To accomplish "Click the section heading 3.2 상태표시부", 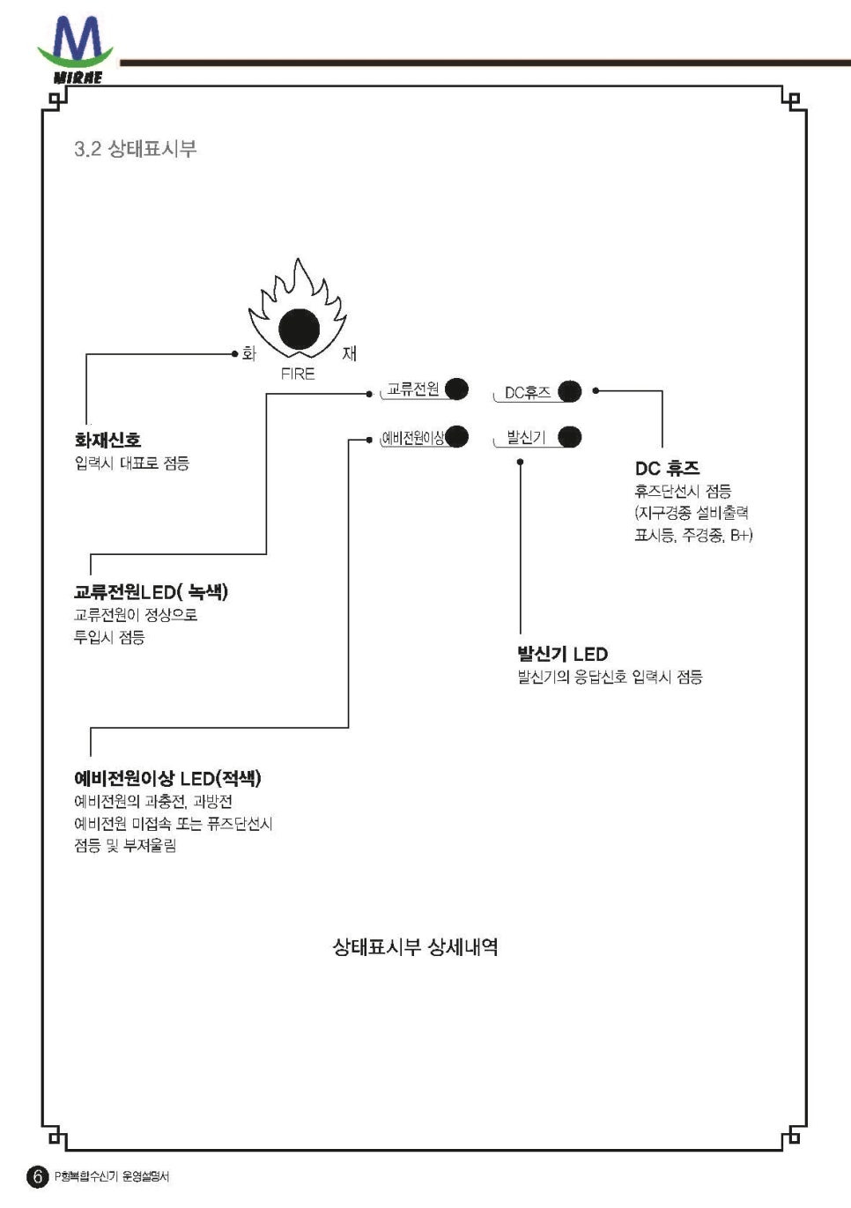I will (x=135, y=148).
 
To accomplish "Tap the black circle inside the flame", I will (x=300, y=330).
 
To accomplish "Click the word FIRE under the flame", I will (x=298, y=374).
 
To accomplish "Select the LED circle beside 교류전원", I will (x=456, y=389).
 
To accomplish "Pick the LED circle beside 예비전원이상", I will (x=456, y=436).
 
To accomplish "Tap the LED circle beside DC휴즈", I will (x=570, y=391).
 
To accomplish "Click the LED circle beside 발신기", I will (x=570, y=437).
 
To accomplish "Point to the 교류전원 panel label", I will (x=412, y=389).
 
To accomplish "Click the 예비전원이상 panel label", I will (x=412, y=438).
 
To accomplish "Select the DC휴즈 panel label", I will (x=527, y=393).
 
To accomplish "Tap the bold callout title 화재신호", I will (x=107, y=440).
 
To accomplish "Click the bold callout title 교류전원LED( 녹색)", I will (x=151, y=592).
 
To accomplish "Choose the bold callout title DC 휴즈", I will (x=667, y=469).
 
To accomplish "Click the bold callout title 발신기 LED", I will (x=562, y=654).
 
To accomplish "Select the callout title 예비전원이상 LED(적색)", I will (x=167, y=778).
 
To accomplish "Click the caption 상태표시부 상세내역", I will (x=415, y=947).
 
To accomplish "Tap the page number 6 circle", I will (x=37, y=1176).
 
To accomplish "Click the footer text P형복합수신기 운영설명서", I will (x=112, y=1176).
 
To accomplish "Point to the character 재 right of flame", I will (x=350, y=353).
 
